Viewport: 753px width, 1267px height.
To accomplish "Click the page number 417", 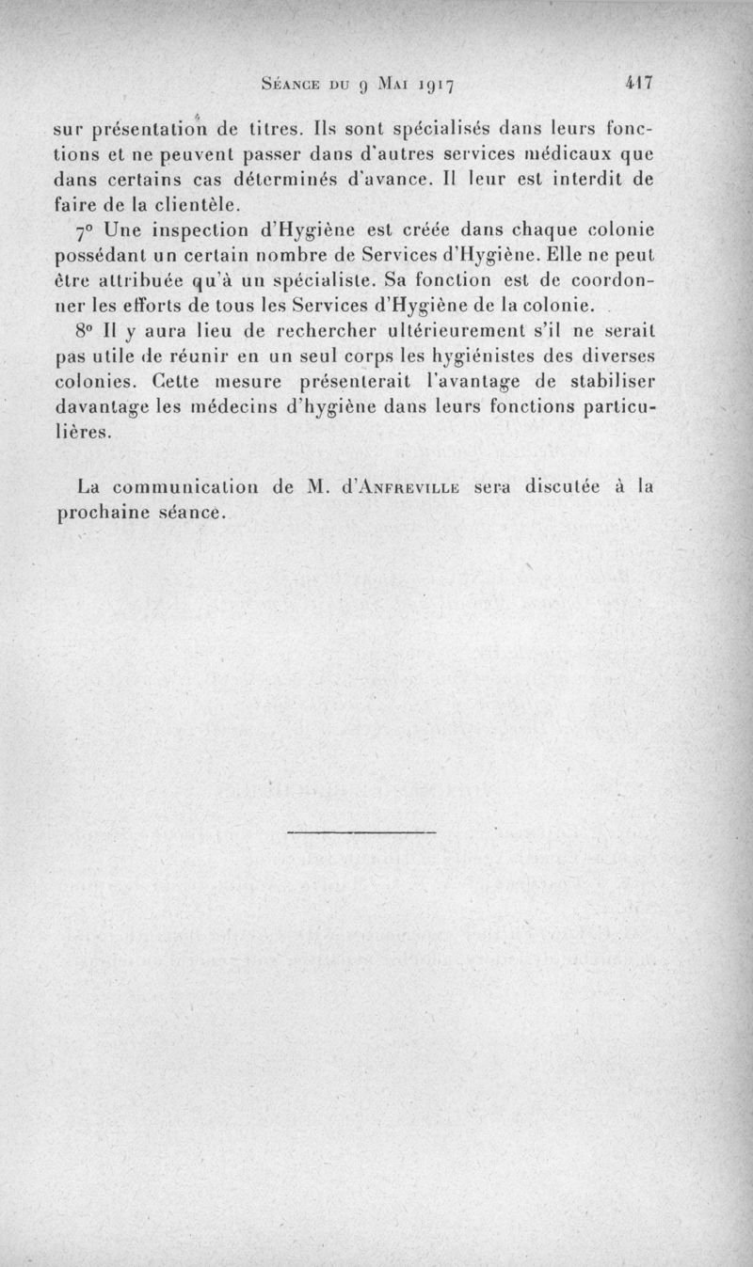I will (x=638, y=83).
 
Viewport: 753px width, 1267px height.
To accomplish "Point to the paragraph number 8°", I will (x=87, y=332).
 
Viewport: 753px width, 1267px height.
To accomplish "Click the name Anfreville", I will (x=413, y=488).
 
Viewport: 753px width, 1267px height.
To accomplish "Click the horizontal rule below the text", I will (x=360, y=831).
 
